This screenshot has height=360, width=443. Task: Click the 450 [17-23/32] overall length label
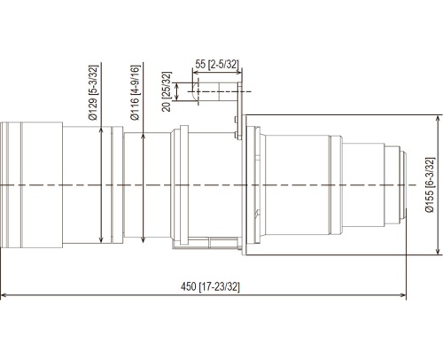pyautogui.click(x=210, y=286)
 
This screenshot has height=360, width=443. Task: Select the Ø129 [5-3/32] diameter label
pyautogui.click(x=93, y=92)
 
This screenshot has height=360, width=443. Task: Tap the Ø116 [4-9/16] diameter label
pyautogui.click(x=135, y=92)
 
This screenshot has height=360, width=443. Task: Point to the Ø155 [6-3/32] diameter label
pyautogui.click(x=430, y=184)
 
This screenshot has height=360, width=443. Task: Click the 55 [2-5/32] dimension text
pyautogui.click(x=217, y=64)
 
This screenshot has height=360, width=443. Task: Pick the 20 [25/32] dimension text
pyautogui.click(x=167, y=91)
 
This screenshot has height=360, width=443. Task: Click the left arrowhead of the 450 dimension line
pyautogui.click(x=4, y=295)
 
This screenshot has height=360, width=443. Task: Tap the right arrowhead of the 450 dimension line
pyautogui.click(x=403, y=295)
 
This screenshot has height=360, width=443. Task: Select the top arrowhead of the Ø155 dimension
pyautogui.click(x=438, y=118)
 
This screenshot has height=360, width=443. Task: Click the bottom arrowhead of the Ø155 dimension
pyautogui.click(x=438, y=251)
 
